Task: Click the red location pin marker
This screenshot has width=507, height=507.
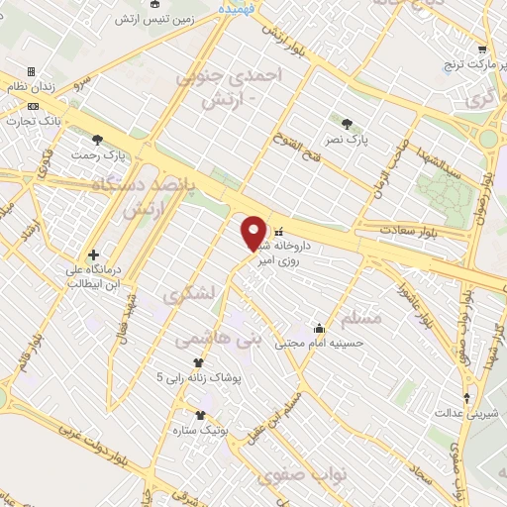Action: point(253,234)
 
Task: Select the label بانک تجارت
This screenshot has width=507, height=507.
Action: point(34,120)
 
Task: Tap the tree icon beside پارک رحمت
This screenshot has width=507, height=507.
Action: point(98,140)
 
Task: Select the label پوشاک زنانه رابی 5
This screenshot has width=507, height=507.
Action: point(193,377)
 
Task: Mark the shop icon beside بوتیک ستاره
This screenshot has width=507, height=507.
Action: point(201,416)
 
